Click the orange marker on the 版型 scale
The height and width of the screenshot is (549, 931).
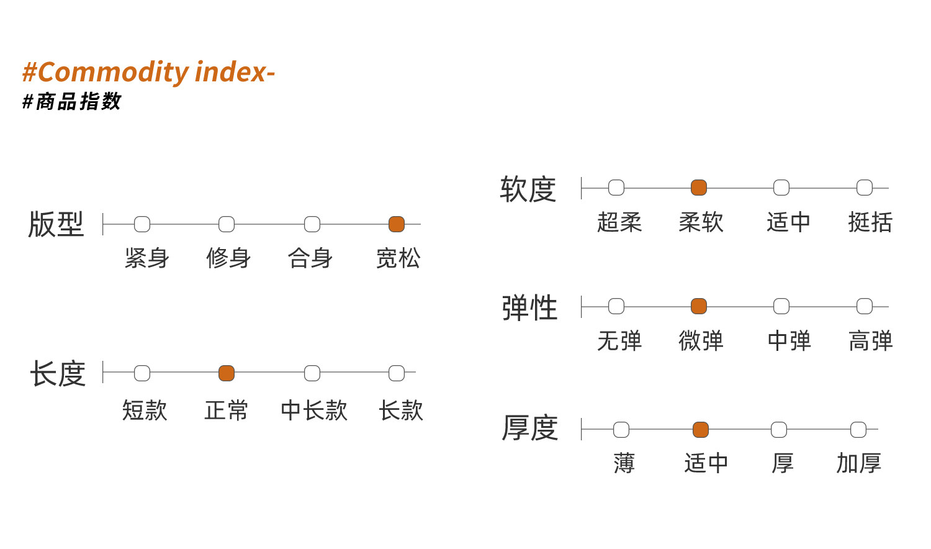(x=397, y=224)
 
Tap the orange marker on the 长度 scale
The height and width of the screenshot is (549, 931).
(x=227, y=373)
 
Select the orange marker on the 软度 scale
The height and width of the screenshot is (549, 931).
(x=699, y=188)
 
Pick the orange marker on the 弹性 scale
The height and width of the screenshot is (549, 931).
(x=699, y=306)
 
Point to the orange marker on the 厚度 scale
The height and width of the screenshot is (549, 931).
(x=701, y=430)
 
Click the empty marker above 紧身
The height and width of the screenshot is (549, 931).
(x=142, y=224)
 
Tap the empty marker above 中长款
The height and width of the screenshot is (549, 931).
(x=312, y=373)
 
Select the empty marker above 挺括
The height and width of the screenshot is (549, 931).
(x=865, y=188)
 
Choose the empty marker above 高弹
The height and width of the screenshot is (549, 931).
(x=865, y=306)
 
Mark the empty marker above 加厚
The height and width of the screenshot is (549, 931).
(x=858, y=430)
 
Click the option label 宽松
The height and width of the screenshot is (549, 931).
(x=398, y=258)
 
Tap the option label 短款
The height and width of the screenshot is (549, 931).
(x=145, y=411)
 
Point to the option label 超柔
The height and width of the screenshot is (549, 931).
(x=619, y=222)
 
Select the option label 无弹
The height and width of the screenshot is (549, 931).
(x=619, y=341)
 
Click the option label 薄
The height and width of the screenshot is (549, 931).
(x=624, y=463)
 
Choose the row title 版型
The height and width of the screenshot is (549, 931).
(x=56, y=224)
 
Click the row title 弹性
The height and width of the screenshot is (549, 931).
(x=529, y=308)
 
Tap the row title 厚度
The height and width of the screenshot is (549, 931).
(x=530, y=429)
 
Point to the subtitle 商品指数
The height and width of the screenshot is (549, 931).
(x=78, y=101)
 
